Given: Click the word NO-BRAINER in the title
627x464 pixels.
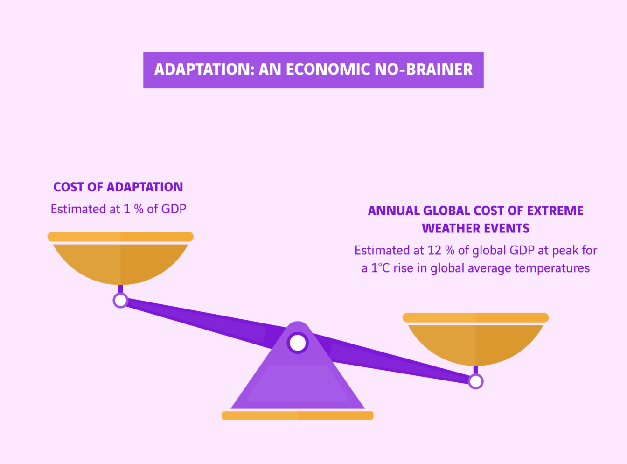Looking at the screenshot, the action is (424, 70).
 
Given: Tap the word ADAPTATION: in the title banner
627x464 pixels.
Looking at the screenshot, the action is (204, 70).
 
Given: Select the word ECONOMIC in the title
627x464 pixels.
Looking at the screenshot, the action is (328, 70).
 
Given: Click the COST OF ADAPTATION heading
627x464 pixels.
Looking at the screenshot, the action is (118, 187).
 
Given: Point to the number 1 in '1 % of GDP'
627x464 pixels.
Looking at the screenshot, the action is (127, 209).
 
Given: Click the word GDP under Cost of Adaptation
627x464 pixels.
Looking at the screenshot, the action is (174, 209).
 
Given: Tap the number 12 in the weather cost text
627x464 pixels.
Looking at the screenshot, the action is (434, 250).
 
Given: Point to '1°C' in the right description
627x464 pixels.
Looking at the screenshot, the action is (380, 268).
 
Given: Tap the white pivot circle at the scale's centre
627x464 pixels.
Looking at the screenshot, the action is (298, 343).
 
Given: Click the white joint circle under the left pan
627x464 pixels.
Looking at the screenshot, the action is (121, 300).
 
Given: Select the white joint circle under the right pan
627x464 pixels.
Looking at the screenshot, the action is (475, 381).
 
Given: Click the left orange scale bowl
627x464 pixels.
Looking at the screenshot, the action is (120, 263).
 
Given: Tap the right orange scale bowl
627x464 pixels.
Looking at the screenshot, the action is (475, 344).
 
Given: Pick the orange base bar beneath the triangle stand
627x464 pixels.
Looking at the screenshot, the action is (298, 415).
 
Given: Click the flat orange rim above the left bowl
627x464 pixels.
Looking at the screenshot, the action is (120, 237).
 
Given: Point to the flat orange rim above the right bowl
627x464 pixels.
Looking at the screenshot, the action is (475, 317).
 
